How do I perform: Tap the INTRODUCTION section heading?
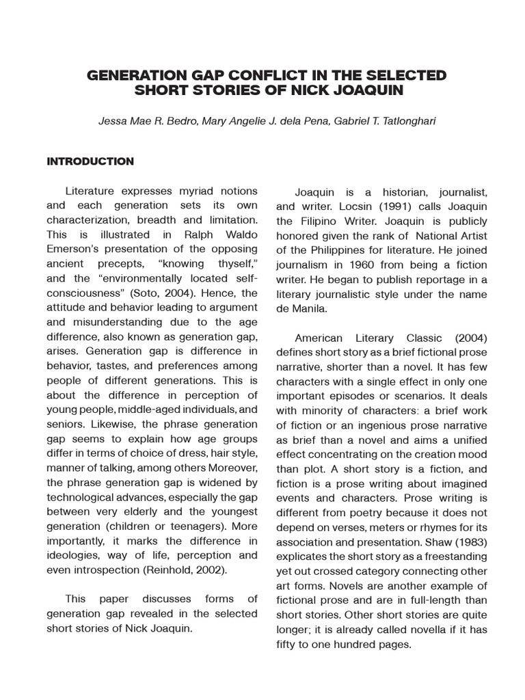[90, 162]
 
